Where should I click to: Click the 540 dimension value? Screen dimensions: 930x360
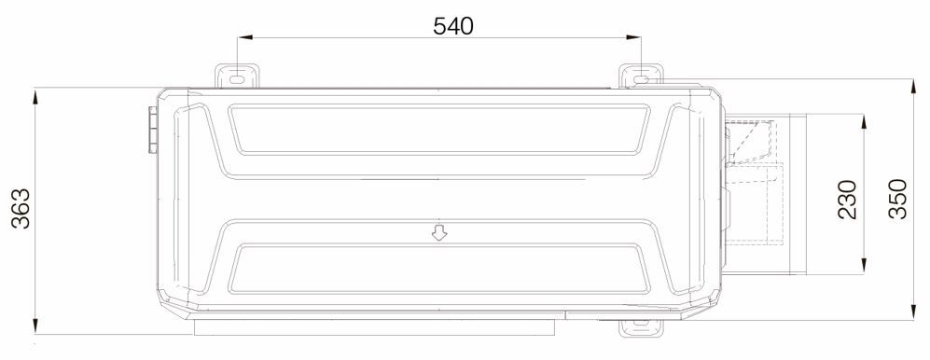coord(453,25)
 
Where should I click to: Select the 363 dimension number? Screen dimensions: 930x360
coord(21,208)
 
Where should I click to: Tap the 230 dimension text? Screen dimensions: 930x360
coord(848,200)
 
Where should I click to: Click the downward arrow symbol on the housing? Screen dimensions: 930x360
coord(439,232)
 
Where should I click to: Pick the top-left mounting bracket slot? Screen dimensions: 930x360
coord(237,79)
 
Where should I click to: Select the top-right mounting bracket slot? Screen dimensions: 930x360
coord(641,79)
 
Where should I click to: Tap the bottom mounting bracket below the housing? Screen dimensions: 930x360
coord(641,328)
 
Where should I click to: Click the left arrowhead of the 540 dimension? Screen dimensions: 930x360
coord(245,37)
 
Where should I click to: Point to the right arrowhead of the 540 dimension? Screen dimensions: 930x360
coord(633,37)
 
